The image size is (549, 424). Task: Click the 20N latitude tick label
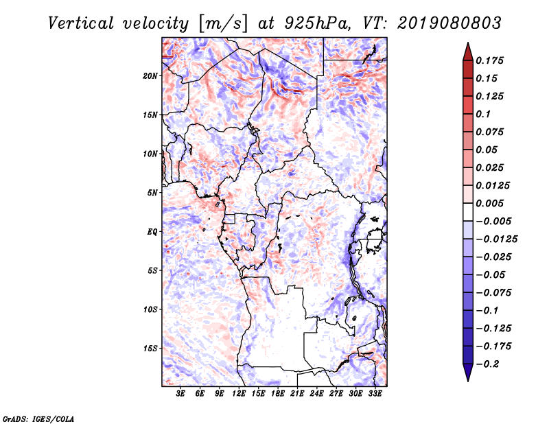[x=150, y=76]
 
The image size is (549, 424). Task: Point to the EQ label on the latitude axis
[x=152, y=232]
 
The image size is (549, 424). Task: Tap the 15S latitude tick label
[x=150, y=349]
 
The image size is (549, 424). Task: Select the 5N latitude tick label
[x=152, y=193]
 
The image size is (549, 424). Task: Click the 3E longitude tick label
[x=180, y=394]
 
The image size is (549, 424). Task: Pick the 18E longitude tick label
[x=278, y=394]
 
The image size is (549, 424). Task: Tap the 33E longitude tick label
[x=375, y=394]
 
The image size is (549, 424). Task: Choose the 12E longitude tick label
[x=239, y=394]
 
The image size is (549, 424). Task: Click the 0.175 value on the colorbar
[x=489, y=60]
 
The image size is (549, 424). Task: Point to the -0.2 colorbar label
[x=487, y=364]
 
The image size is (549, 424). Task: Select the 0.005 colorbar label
[x=489, y=203]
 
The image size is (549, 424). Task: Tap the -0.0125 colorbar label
[x=496, y=239]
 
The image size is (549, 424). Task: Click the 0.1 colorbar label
[x=483, y=114]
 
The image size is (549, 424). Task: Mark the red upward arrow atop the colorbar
[x=468, y=51]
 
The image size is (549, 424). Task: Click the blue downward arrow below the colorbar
[x=468, y=373]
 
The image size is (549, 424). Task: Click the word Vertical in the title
[x=80, y=23]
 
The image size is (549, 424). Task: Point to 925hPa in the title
[x=317, y=23]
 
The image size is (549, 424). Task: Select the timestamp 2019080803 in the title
[x=449, y=23]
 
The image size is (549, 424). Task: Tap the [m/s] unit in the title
[x=223, y=24]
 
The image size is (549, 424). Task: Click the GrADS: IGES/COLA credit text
[x=38, y=419]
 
